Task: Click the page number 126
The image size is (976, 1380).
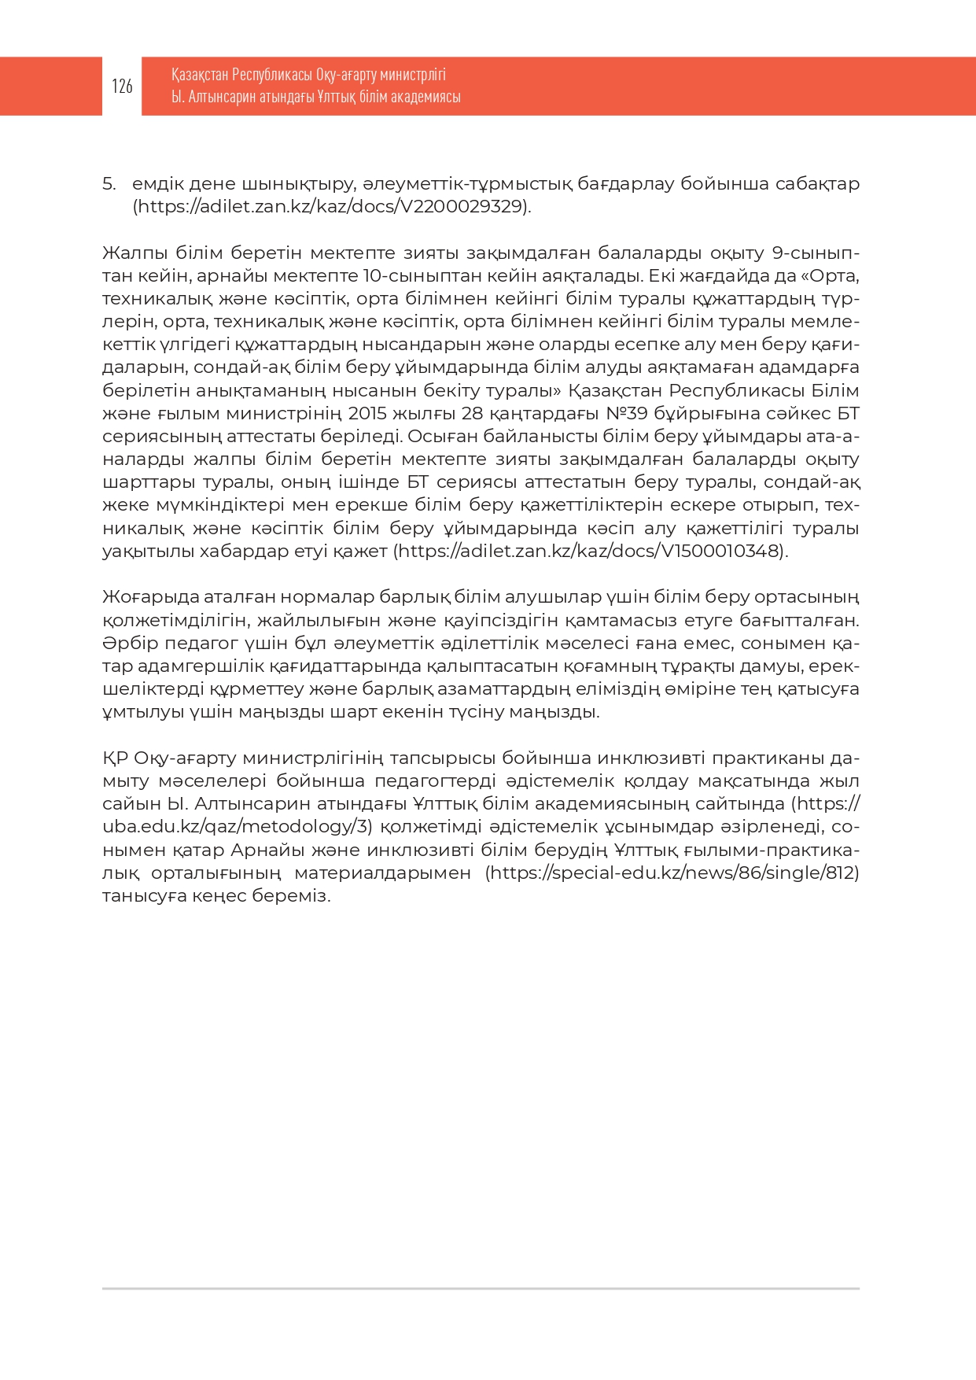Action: coord(122,87)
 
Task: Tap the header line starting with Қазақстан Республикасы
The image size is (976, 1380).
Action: coord(308,75)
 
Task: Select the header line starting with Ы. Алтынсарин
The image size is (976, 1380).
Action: coord(315,97)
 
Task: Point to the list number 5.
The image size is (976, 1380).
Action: coord(109,184)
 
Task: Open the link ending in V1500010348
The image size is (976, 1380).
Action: coord(590,551)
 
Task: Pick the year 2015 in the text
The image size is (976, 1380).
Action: coord(367,413)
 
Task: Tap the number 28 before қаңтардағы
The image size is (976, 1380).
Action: coord(473,413)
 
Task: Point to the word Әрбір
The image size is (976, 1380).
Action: coord(127,643)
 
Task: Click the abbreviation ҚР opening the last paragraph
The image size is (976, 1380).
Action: coord(115,758)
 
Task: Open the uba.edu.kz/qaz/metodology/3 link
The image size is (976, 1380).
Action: coord(236,827)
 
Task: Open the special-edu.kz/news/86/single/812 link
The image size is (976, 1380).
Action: coord(672,873)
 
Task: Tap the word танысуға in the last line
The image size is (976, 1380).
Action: coord(144,896)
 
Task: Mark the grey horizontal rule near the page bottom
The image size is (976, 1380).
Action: coord(481,1289)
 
